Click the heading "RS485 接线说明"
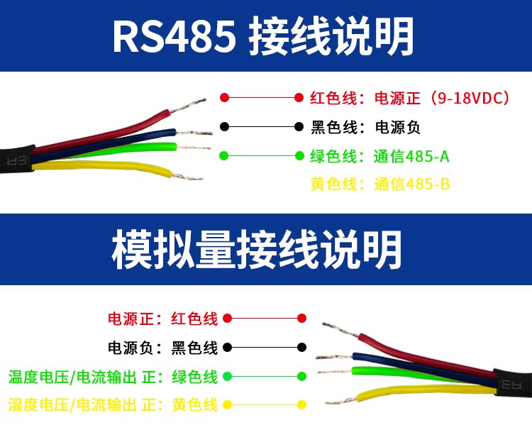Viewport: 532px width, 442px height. point(263,36)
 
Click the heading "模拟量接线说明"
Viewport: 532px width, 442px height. point(257,250)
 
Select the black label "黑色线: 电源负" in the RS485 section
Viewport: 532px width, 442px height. point(365,127)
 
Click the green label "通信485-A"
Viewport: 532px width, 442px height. point(411,157)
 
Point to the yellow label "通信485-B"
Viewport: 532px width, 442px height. point(412,184)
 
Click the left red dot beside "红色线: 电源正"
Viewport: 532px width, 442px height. point(224,98)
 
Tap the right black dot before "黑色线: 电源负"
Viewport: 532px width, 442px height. point(299,127)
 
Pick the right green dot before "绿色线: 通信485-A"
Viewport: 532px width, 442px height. point(299,156)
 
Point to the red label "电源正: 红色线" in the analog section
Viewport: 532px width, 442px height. point(162,319)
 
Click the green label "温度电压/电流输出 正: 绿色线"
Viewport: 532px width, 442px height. point(113,377)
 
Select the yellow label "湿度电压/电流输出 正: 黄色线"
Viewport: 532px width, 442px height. point(113,404)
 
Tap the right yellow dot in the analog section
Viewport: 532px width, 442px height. point(301,404)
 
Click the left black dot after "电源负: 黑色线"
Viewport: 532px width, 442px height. point(227,348)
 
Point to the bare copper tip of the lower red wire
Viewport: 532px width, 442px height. point(340,329)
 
